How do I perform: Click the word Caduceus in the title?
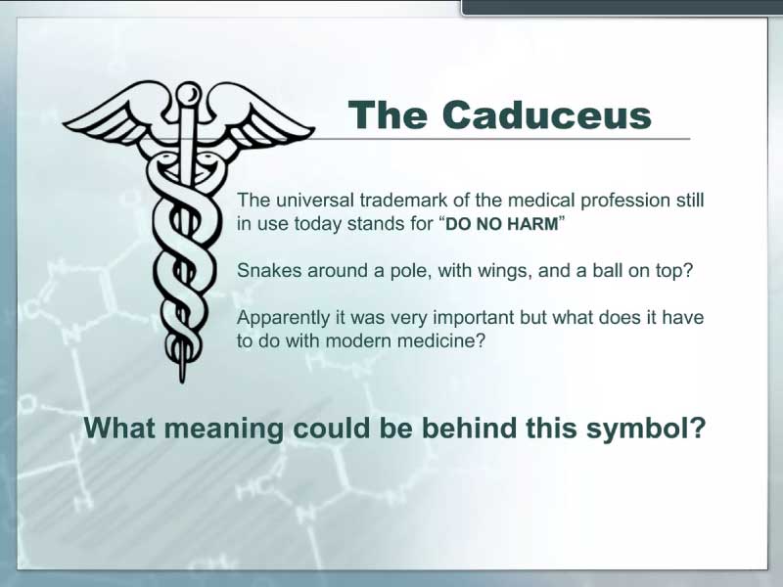[x=546, y=115]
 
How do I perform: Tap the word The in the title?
[x=388, y=115]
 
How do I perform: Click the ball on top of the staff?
[x=189, y=93]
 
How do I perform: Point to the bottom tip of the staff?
[x=183, y=382]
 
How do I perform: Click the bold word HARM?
[x=532, y=224]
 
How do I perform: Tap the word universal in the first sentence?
[x=314, y=201]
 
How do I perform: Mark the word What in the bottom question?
[x=119, y=428]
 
